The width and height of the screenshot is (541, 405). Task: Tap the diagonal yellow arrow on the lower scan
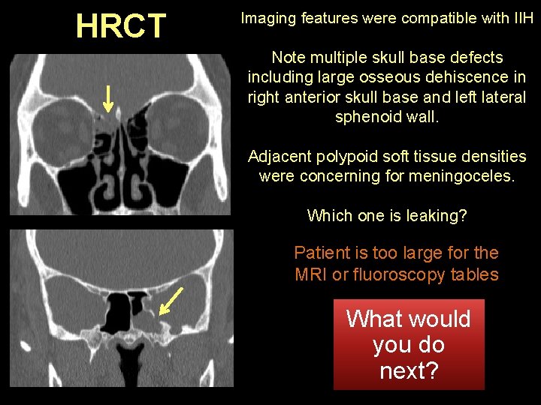tap(172, 300)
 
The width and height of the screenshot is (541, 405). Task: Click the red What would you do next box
tap(409, 345)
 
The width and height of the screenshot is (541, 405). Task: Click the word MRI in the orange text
tap(311, 274)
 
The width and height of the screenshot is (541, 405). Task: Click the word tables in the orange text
tap(475, 274)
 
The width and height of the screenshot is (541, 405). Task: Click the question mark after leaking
tap(463, 216)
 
